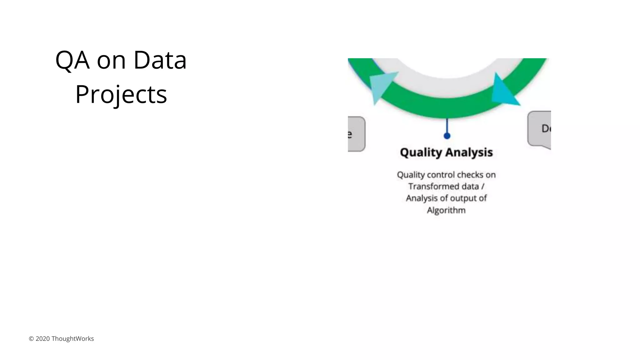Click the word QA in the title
point(72,60)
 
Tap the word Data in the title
point(160,60)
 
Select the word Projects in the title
point(121,94)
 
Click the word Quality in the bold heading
point(421,152)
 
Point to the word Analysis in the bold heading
point(469,152)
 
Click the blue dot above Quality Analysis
point(447,136)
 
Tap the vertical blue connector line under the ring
point(447,126)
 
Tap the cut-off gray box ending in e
point(356,134)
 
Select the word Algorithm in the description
point(446,210)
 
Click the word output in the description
point(463,198)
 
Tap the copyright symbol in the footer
point(31,339)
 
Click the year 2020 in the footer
point(42,339)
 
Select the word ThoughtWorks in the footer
point(72,339)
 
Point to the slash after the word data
point(483,187)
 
